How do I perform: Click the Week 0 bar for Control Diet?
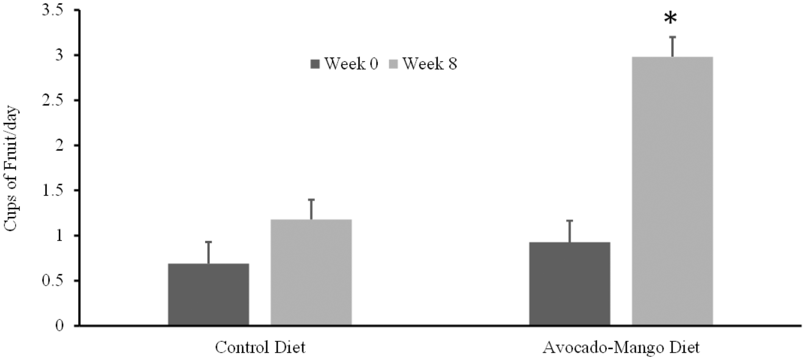208,294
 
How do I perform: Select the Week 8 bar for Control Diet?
311,272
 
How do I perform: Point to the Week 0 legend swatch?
315,64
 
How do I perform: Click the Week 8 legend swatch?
394,64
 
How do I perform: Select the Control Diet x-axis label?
260,347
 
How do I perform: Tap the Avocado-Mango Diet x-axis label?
621,347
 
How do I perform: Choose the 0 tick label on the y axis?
59,326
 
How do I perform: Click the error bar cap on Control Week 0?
208,242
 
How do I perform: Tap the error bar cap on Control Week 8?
311,199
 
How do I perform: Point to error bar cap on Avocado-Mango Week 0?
570,221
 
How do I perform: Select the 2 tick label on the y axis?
59,146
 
